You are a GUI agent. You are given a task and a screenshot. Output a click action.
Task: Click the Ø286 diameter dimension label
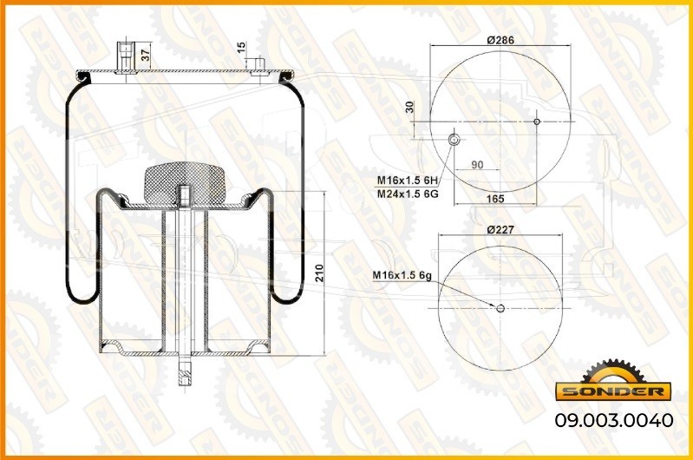tap(500, 40)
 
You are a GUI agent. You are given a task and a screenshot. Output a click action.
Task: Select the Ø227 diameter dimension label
tap(500, 230)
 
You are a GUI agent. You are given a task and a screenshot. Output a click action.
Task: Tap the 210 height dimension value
tap(319, 273)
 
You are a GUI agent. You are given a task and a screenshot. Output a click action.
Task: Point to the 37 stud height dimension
tap(146, 55)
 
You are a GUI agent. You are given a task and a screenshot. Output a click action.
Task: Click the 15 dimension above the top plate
tap(241, 48)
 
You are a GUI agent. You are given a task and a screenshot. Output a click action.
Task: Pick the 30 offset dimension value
tap(409, 107)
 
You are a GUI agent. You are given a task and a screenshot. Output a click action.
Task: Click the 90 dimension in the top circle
tap(477, 165)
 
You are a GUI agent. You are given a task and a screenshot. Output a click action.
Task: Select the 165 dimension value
tap(495, 199)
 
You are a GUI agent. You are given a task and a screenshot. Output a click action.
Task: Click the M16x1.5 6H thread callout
tap(407, 181)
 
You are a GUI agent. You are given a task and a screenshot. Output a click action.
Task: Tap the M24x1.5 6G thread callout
tap(408, 194)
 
